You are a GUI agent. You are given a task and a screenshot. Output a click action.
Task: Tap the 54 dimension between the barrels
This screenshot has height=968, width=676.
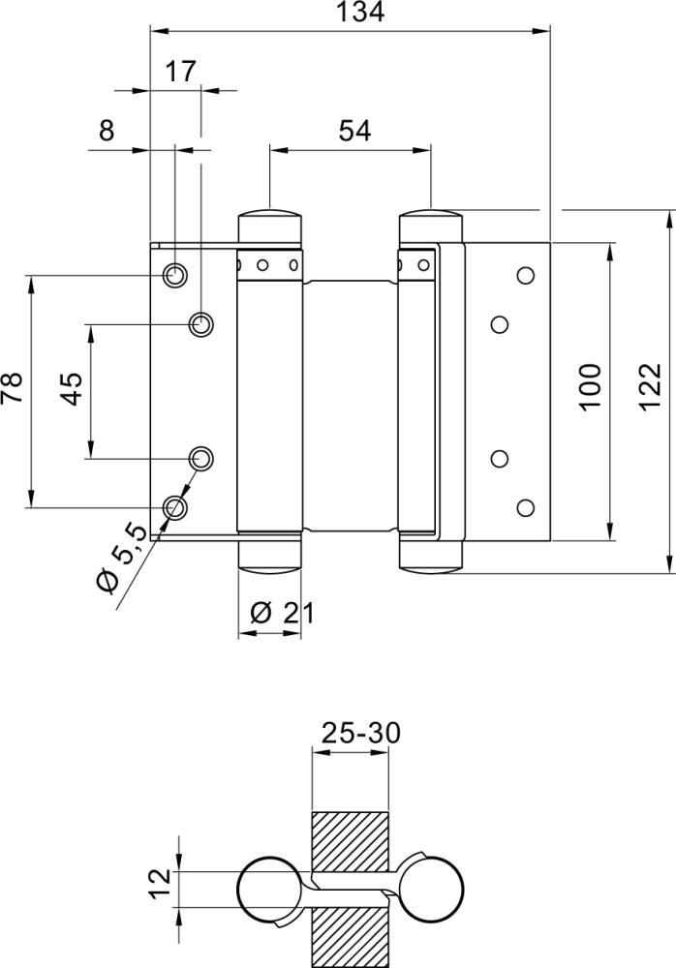pyautogui.click(x=355, y=130)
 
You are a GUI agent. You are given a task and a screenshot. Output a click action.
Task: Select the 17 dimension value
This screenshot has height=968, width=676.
pyautogui.click(x=181, y=71)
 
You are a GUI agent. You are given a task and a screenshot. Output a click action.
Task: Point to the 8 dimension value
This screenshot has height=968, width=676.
pyautogui.click(x=107, y=130)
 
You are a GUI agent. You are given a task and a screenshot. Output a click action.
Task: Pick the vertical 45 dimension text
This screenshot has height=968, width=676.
pyautogui.click(x=71, y=390)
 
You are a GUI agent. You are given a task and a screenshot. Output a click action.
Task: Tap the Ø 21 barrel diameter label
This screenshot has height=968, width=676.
pyautogui.click(x=281, y=613)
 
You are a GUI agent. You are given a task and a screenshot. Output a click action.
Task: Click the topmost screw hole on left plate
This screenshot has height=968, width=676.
pyautogui.click(x=175, y=275)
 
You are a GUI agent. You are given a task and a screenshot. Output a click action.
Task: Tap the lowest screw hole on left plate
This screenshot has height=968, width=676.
pyautogui.click(x=175, y=506)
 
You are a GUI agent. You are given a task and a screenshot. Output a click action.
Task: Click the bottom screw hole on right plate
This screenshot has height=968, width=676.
pyautogui.click(x=526, y=506)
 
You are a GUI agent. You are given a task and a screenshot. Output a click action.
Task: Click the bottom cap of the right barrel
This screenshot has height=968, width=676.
pyautogui.click(x=431, y=556)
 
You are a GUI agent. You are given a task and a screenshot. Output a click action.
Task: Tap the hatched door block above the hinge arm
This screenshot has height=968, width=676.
pyautogui.click(x=349, y=839)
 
